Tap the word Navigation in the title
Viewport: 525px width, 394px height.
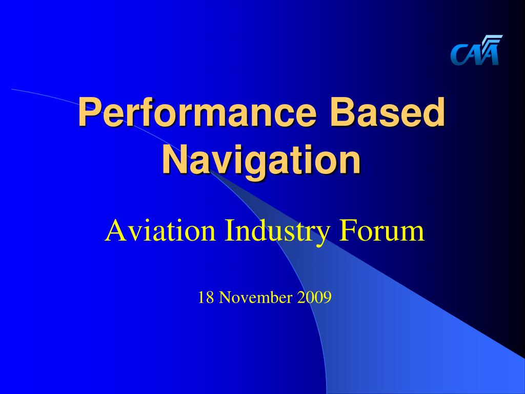[x=261, y=160]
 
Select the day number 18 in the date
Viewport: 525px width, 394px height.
[x=205, y=297]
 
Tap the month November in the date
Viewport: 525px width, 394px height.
[x=256, y=297]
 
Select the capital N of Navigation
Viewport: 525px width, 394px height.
[x=173, y=160]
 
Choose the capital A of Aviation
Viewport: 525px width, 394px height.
[x=114, y=231]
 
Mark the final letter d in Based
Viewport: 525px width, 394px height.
[x=435, y=112]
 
